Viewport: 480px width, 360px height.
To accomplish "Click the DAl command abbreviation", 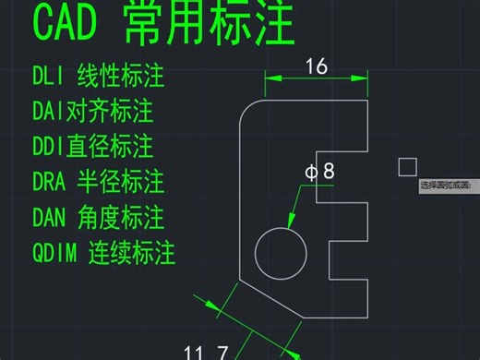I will (52, 112).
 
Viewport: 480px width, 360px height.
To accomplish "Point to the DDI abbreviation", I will (53, 146).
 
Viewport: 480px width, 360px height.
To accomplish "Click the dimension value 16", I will (316, 66).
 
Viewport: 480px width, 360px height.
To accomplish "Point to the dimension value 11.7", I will (207, 352).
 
